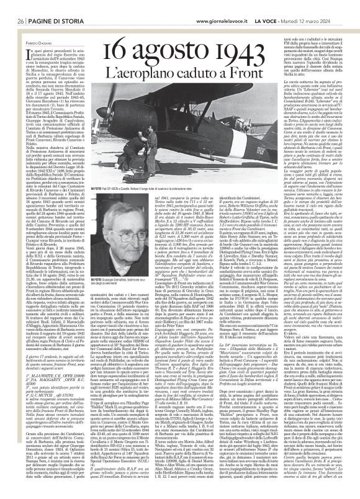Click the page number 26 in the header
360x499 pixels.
(x=20, y=5)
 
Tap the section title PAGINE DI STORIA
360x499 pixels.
(x=53, y=5)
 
